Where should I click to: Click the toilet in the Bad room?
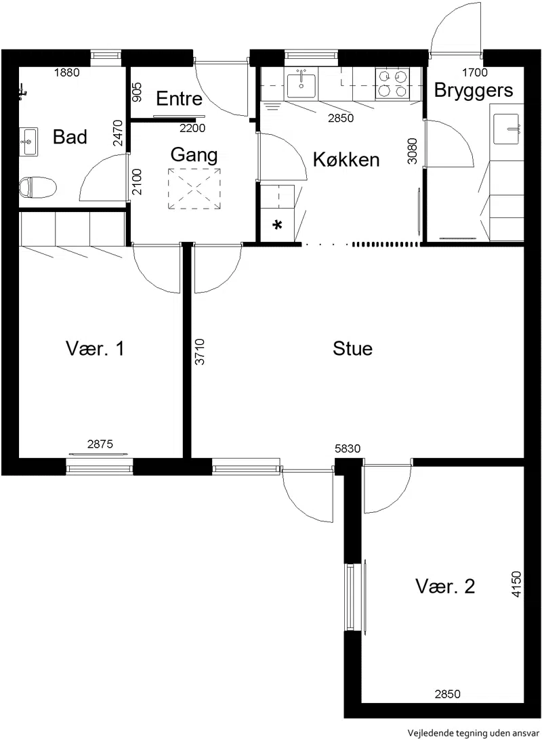point(38,187)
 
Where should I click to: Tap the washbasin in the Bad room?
point(28,141)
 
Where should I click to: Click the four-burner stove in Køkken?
point(392,83)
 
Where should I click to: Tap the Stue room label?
point(352,349)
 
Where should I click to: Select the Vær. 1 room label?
point(95,349)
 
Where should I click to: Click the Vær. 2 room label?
point(445,587)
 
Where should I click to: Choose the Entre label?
point(179,98)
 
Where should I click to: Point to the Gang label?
point(194,155)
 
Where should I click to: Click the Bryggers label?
point(474,90)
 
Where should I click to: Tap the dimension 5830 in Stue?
point(348,448)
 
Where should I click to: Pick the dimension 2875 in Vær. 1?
point(100,444)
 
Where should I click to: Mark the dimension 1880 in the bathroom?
point(66,72)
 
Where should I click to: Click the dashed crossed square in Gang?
point(194,188)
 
